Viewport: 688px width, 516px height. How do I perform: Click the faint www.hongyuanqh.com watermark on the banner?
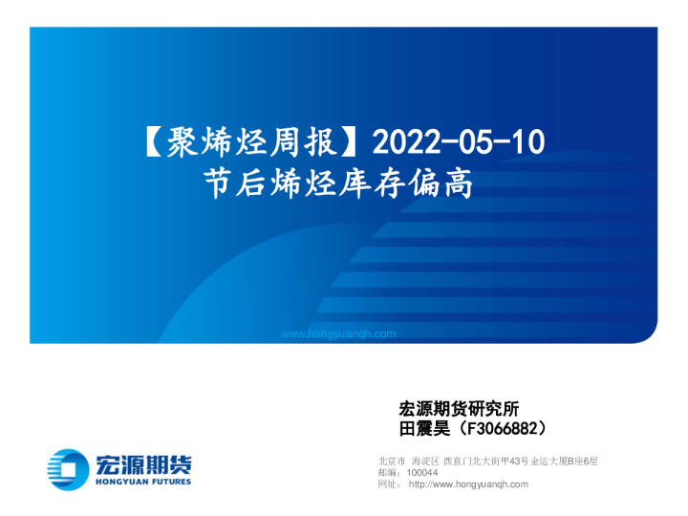[x=338, y=333]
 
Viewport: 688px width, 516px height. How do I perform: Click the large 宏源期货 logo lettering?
[x=143, y=463]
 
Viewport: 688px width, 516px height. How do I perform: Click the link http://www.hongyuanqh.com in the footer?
[x=467, y=484]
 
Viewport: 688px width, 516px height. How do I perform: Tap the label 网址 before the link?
[x=388, y=484]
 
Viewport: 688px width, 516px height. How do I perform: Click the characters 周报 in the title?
[x=312, y=142]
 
